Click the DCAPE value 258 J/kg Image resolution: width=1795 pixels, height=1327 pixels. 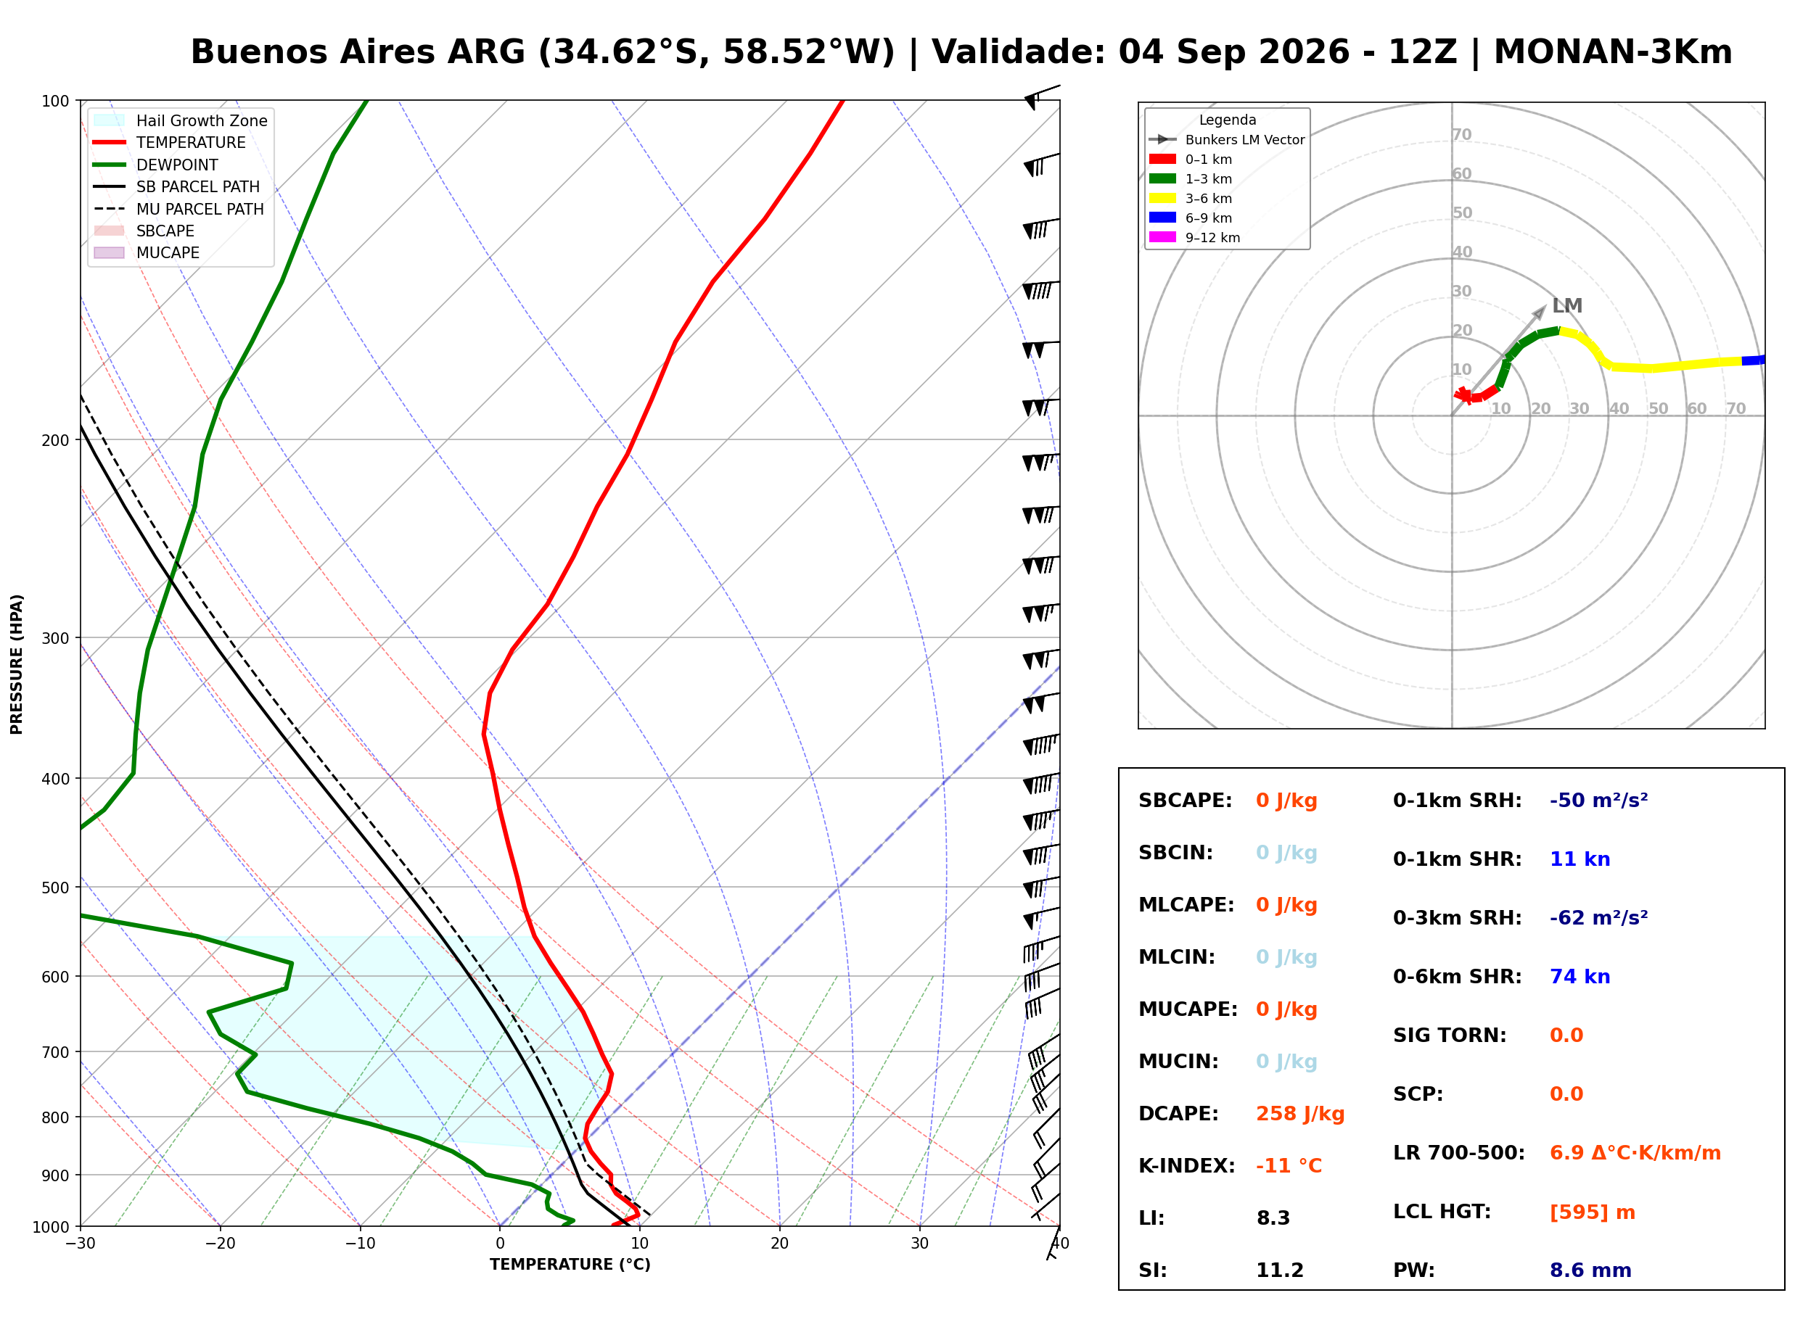tap(1299, 1113)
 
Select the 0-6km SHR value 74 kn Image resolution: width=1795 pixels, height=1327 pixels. tap(1579, 976)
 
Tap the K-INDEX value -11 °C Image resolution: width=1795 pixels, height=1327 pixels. tap(1288, 1165)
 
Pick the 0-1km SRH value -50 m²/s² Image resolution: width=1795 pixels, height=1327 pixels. tap(1598, 800)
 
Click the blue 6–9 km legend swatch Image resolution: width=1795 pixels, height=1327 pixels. tap(1162, 218)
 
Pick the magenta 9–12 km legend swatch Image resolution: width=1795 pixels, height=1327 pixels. tap(1162, 237)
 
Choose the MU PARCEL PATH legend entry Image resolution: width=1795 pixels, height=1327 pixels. tap(178, 209)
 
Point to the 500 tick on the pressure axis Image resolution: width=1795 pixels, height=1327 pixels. tap(55, 888)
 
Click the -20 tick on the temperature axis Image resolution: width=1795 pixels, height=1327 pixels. tap(220, 1243)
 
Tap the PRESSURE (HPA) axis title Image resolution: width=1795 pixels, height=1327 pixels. tap(16, 663)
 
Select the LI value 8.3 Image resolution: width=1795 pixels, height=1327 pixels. tap(1273, 1218)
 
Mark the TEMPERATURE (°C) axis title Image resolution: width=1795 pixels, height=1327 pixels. tap(570, 1265)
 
